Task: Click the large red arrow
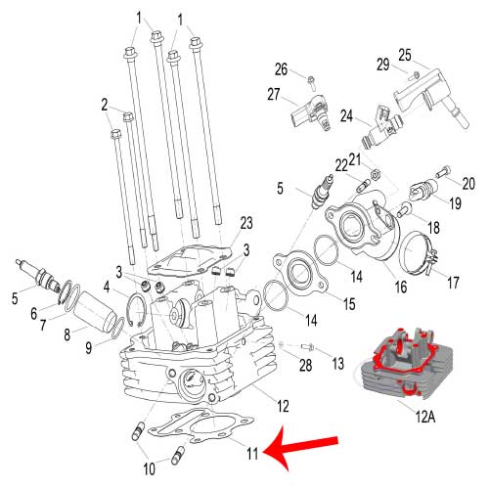pyautogui.click(x=300, y=449)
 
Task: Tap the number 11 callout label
pyautogui.click(x=252, y=454)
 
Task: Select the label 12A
pyautogui.click(x=425, y=417)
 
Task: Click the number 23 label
pyautogui.click(x=246, y=223)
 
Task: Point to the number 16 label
pyautogui.click(x=401, y=287)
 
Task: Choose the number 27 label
pyautogui.click(x=274, y=95)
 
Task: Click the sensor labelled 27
pyautogui.click(x=311, y=111)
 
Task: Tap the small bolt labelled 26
pyautogui.click(x=311, y=82)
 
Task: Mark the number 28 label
pyautogui.click(x=305, y=366)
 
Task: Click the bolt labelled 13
pyautogui.click(x=307, y=347)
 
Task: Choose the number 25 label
pyautogui.click(x=405, y=56)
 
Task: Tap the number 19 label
pyautogui.click(x=456, y=203)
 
